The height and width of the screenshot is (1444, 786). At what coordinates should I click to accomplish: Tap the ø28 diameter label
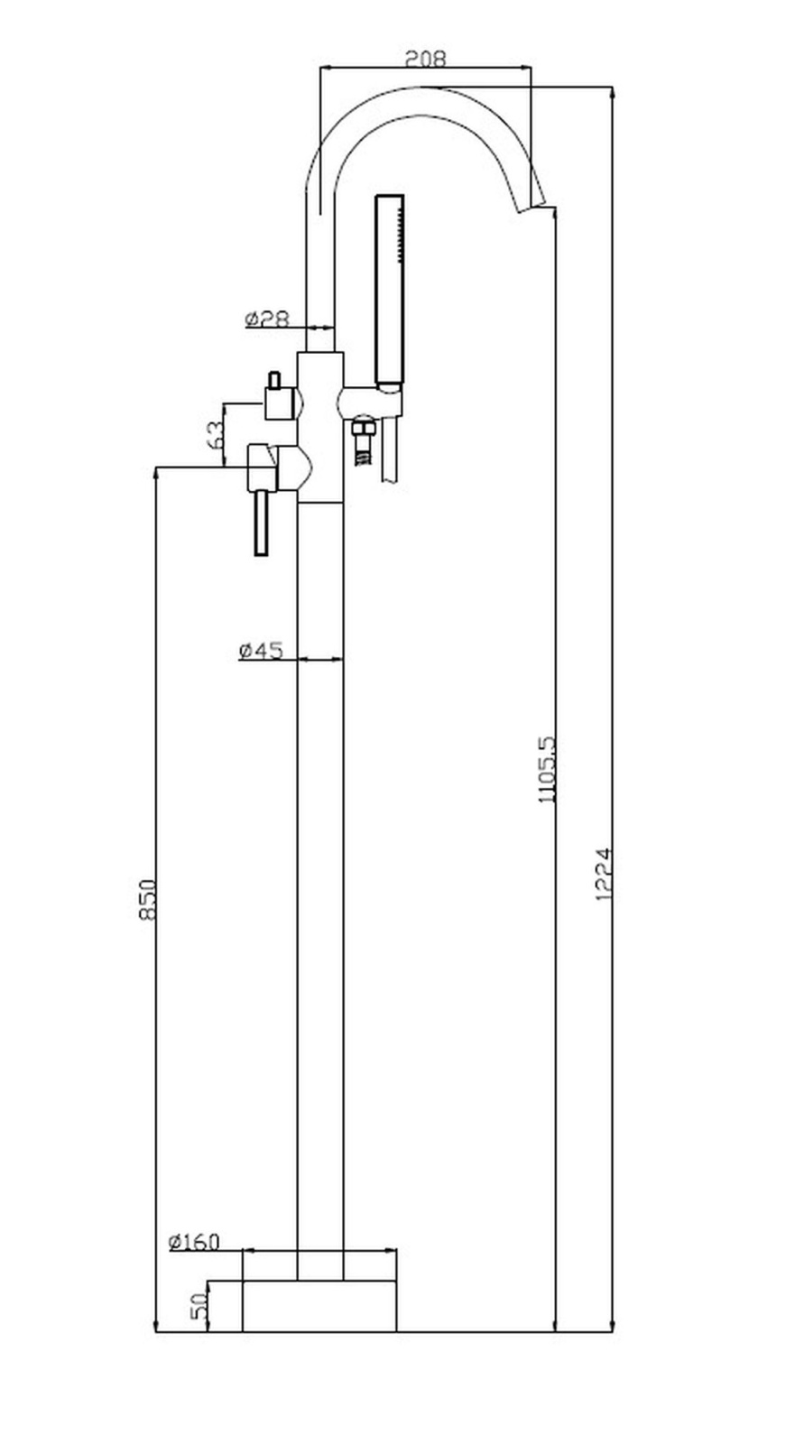coord(267,318)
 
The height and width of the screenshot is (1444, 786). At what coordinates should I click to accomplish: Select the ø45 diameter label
coord(261,650)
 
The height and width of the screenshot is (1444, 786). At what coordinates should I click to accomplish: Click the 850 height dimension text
coord(148,899)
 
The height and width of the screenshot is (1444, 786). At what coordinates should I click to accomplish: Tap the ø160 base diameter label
coord(194,1241)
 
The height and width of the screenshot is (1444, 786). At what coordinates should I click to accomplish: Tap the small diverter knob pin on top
coord(274,380)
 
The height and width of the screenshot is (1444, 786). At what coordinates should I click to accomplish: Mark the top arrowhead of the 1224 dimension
coord(612,91)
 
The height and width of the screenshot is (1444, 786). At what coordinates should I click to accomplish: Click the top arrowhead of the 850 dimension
coord(155,472)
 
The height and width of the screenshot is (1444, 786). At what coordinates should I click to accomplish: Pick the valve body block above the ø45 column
coord(319,428)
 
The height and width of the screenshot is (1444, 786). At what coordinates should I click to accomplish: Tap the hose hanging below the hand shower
coord(391,449)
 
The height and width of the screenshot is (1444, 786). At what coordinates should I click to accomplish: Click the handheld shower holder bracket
coord(370,402)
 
